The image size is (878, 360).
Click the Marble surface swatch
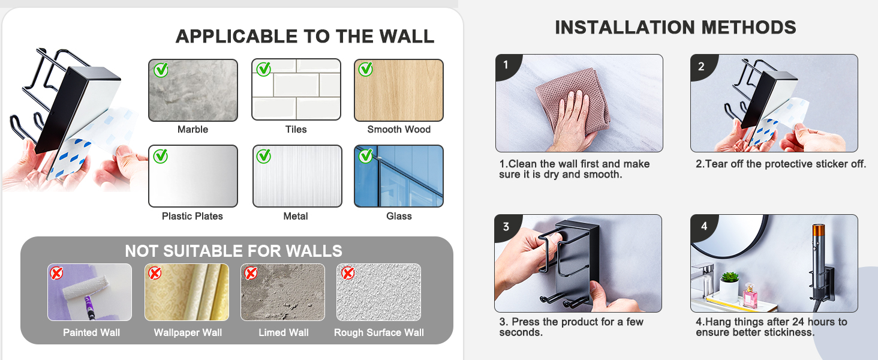tap(193, 90)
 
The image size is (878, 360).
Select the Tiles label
tap(296, 130)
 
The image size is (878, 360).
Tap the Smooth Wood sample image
tap(399, 90)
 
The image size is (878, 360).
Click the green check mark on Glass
tap(366, 156)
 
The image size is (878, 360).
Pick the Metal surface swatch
tap(297, 176)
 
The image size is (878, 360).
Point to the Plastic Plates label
tap(193, 216)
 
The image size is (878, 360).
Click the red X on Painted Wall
tap(56, 274)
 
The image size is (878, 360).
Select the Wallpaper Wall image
tap(187, 292)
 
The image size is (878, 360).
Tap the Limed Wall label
tap(284, 332)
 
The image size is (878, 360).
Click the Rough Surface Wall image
tap(378, 292)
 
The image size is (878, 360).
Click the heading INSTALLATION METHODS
tap(675, 28)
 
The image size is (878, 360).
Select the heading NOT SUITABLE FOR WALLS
tap(233, 251)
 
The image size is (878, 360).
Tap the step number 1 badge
tap(506, 65)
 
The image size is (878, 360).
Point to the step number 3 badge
tap(506, 226)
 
